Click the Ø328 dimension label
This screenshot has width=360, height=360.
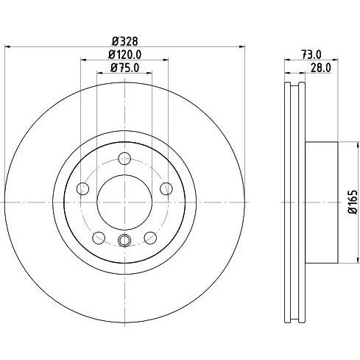[125, 41]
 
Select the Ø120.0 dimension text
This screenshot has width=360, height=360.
[125, 54]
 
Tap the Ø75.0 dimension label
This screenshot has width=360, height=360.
[125, 68]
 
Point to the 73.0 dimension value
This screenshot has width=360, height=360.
[311, 54]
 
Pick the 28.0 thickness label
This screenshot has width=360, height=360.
[321, 68]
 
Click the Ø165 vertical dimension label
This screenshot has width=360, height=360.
[353, 202]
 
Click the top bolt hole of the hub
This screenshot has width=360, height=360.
[124, 158]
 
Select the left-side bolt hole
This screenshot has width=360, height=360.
[82, 188]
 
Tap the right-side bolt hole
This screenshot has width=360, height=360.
[166, 188]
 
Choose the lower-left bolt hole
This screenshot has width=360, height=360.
[99, 238]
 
